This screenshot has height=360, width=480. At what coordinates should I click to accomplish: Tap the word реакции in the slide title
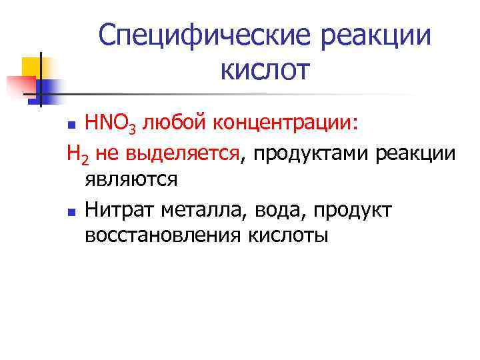[x=375, y=37]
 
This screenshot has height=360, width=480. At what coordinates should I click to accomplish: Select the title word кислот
[x=263, y=69]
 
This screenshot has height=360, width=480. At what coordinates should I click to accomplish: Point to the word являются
[x=131, y=180]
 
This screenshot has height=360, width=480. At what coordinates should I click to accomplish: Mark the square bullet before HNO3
[x=75, y=125]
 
